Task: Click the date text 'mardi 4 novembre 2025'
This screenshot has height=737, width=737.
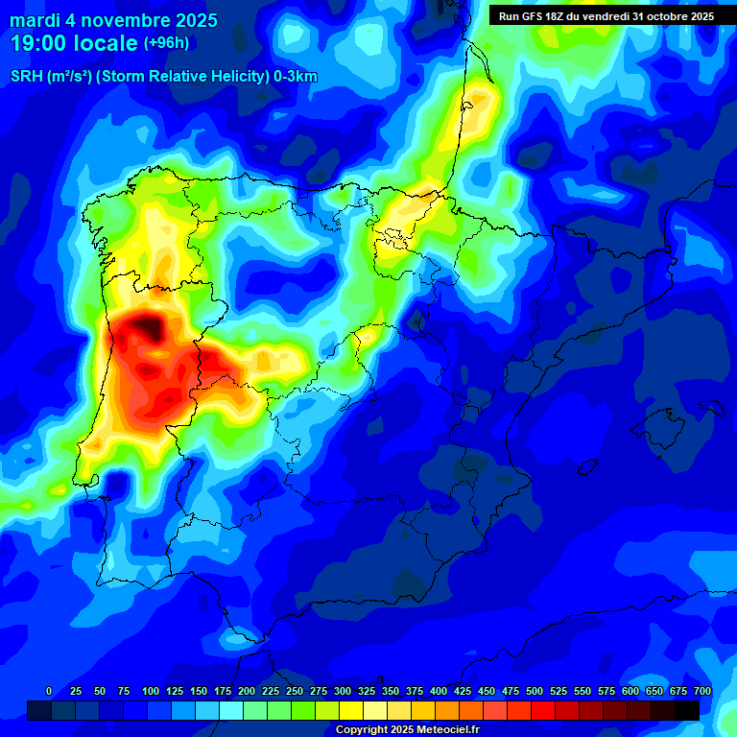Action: point(113,20)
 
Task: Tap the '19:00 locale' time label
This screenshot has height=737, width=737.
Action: point(74,43)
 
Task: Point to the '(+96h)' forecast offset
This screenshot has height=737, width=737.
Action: point(166,43)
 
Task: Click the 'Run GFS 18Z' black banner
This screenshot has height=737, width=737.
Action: point(606,16)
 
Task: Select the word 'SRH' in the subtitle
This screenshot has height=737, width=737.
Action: point(26,77)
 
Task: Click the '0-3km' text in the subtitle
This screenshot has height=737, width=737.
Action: point(295,77)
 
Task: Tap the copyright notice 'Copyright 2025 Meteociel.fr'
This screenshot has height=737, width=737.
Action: point(407,730)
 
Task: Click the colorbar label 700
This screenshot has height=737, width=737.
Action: point(701,692)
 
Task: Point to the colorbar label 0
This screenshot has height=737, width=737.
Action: point(49,692)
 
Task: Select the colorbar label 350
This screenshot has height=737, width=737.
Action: point(391,692)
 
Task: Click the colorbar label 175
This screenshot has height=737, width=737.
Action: point(223,692)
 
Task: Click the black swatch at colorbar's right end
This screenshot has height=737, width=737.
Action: point(687,710)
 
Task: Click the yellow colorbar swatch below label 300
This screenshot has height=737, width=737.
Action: point(351,710)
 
